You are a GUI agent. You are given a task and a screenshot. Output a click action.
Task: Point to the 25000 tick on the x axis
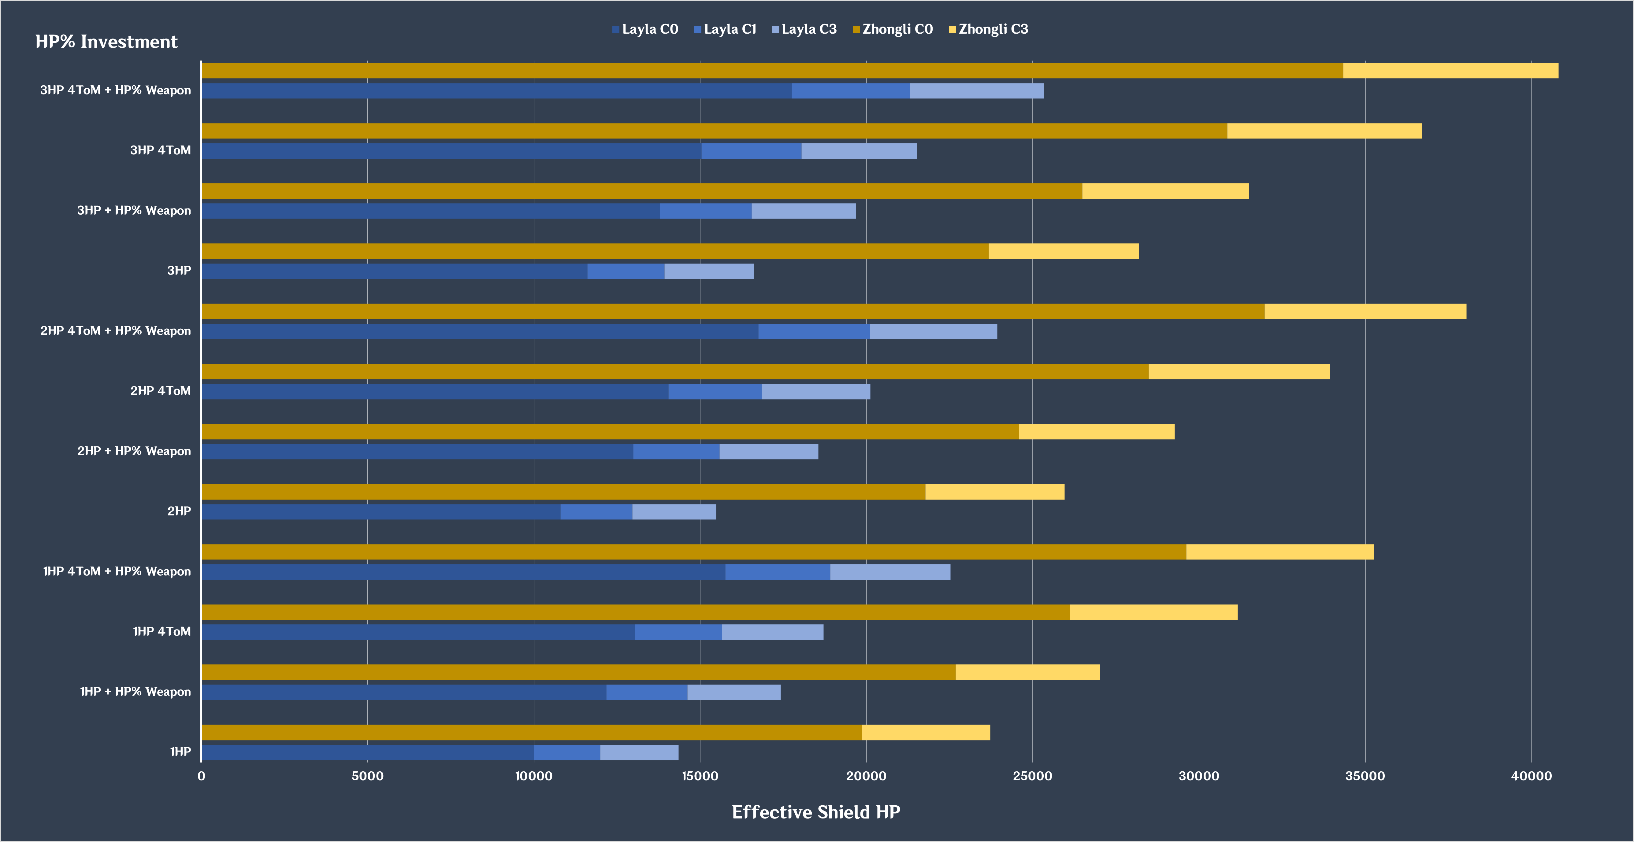(x=1032, y=776)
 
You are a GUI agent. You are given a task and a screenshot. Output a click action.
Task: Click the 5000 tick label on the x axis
(x=367, y=776)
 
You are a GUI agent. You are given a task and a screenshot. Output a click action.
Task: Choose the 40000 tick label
(x=1531, y=776)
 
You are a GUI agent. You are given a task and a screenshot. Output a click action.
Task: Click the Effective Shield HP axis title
(x=816, y=812)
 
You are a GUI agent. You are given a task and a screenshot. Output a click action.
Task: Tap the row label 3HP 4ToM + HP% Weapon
(x=115, y=90)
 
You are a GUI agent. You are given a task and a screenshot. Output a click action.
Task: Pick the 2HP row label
(x=179, y=511)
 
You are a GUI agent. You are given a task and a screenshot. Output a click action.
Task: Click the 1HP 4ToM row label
(x=162, y=632)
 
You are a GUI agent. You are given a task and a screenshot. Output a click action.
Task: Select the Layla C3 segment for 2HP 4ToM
(x=816, y=391)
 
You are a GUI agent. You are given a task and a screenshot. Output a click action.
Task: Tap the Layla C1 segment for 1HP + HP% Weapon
(x=646, y=692)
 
